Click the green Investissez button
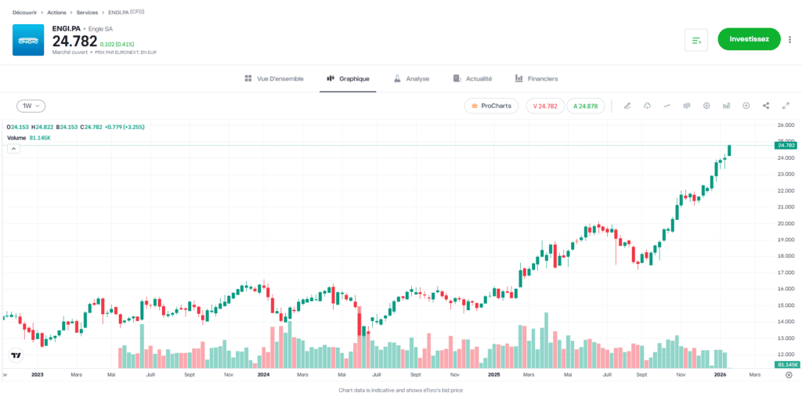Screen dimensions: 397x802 pyautogui.click(x=749, y=38)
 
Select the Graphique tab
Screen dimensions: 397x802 pyautogui.click(x=348, y=78)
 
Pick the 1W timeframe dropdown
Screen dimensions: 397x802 pyautogui.click(x=31, y=106)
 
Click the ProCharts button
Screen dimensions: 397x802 pyautogui.click(x=491, y=106)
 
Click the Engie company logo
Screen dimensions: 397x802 pyautogui.click(x=28, y=40)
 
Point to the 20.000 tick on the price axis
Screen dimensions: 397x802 pyautogui.click(x=784, y=223)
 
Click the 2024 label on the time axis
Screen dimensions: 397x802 pyautogui.click(x=263, y=375)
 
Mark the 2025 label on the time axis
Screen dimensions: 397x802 pyautogui.click(x=493, y=375)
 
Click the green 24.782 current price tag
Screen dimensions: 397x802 pyautogui.click(x=785, y=145)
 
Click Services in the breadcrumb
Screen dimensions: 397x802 pyautogui.click(x=87, y=13)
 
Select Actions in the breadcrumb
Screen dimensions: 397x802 pyautogui.click(x=56, y=13)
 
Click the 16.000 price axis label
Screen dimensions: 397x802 pyautogui.click(x=784, y=289)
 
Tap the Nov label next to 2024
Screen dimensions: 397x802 pyautogui.click(x=228, y=375)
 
